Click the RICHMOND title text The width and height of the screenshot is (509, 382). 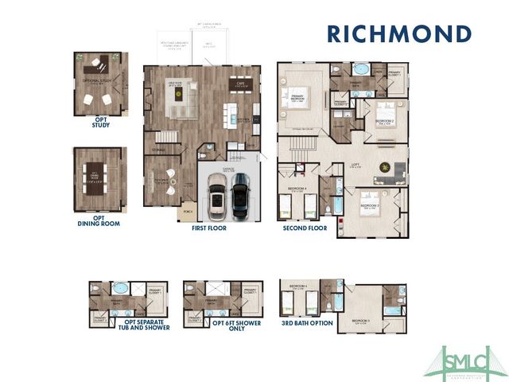click(398, 35)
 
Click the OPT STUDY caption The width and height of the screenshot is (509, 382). click(101, 122)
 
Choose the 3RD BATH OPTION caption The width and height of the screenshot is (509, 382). click(307, 325)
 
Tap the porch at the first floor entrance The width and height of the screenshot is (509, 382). click(188, 212)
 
